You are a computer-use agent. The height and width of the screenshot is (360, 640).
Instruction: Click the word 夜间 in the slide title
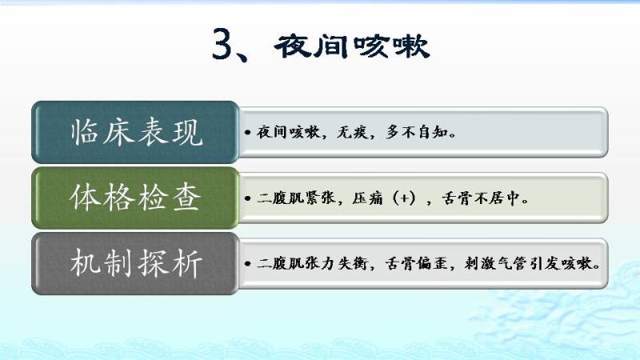point(311,46)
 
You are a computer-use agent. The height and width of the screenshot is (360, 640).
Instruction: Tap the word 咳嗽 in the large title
point(390,46)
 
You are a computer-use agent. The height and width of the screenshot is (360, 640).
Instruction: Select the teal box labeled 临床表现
point(135,132)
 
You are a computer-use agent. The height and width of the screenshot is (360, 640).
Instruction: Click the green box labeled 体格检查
point(135,198)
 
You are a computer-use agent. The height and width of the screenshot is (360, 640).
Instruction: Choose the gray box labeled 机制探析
point(135,264)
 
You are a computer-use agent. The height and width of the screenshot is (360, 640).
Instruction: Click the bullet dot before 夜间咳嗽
point(247,133)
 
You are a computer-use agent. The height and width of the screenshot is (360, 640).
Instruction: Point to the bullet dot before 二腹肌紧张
point(247,198)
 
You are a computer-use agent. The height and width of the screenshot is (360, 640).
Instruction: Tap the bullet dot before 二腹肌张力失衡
point(247,264)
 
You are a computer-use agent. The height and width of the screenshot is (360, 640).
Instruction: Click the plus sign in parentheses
point(404,198)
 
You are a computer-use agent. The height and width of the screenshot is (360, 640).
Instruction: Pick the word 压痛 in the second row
point(368,198)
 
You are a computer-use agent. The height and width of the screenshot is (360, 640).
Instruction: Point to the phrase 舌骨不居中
point(481,198)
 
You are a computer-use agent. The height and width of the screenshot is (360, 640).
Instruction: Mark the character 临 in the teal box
point(85,132)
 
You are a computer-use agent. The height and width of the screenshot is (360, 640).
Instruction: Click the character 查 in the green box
point(186,198)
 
